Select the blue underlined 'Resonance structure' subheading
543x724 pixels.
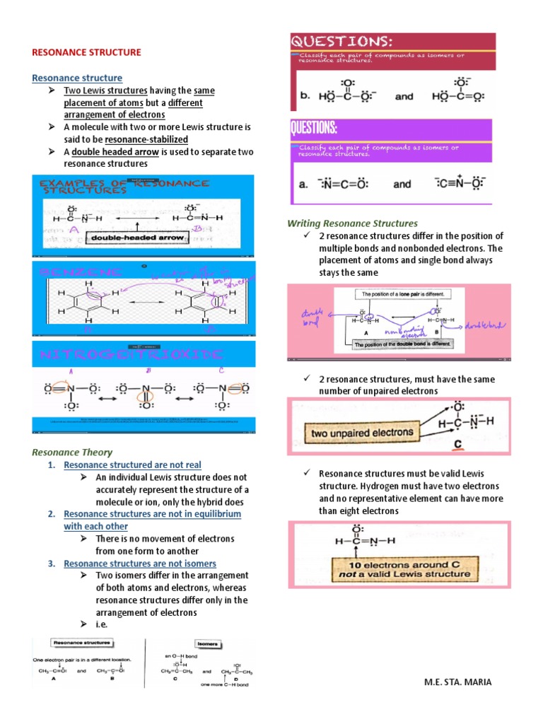click(x=77, y=78)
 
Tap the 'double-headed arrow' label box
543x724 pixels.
click(x=137, y=238)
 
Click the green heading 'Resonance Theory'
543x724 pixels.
click(x=72, y=452)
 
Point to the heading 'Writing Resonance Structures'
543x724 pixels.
click(x=352, y=223)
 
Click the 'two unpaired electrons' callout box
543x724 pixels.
click(x=358, y=431)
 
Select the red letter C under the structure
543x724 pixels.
click(x=457, y=445)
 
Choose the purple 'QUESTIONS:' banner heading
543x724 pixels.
click(x=314, y=129)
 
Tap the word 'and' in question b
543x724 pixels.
click(x=404, y=96)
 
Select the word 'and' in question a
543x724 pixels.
click(x=402, y=184)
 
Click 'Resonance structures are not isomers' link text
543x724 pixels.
click(x=140, y=564)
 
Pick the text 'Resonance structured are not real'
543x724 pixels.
click(x=132, y=465)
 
